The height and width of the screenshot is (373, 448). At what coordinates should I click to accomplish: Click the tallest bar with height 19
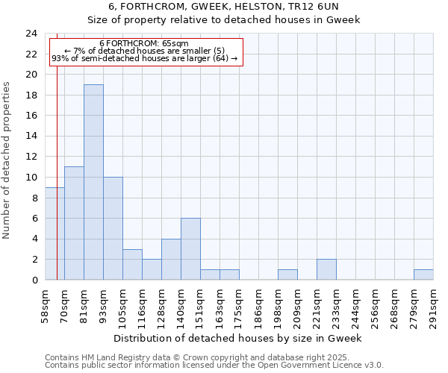[x=93, y=182]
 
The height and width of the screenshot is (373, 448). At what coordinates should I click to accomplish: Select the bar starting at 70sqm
[x=74, y=223]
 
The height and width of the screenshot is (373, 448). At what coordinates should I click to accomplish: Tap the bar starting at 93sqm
[x=113, y=228]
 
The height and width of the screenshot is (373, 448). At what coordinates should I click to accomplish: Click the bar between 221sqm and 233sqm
[x=326, y=269]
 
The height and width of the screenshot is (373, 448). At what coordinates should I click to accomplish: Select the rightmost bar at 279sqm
[x=423, y=275]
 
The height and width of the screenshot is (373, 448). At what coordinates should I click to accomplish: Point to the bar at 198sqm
[x=287, y=275]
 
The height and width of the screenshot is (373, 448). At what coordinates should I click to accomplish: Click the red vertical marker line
[x=57, y=186]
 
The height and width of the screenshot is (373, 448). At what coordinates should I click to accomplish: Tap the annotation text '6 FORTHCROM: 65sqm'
[x=144, y=44]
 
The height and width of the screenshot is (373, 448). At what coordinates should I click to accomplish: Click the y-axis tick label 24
[x=31, y=34]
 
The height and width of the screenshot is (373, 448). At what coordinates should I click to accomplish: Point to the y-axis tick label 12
[x=31, y=157]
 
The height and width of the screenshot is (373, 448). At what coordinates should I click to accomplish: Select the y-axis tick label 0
[x=34, y=280]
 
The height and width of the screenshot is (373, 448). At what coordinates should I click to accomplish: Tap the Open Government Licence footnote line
[x=214, y=365]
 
